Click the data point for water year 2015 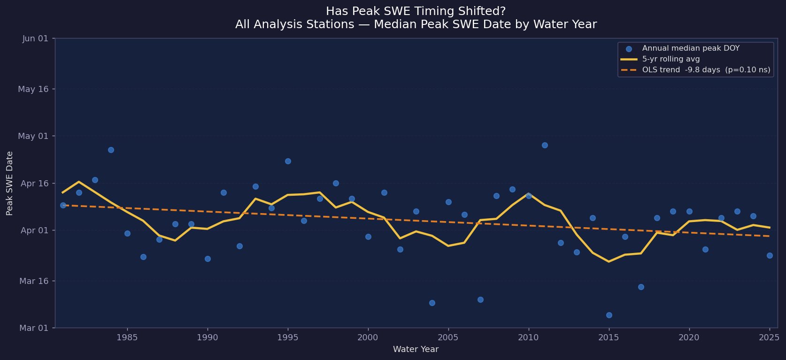click(609, 315)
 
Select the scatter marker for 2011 click(545, 145)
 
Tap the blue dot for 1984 click(111, 150)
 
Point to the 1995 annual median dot click(288, 161)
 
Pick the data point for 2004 click(432, 303)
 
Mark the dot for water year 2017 click(641, 287)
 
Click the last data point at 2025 click(770, 255)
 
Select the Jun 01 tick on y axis click(35, 38)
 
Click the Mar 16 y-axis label click(33, 281)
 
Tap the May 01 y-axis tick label click(33, 136)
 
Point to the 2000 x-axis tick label click(368, 337)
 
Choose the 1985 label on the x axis click(127, 337)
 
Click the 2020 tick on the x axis click(689, 337)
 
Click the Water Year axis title click(416, 349)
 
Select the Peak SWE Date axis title click(10, 183)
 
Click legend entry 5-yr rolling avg click(670, 59)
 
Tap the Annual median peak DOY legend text click(690, 48)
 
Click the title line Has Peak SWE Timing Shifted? click(416, 11)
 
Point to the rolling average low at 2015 click(609, 261)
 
